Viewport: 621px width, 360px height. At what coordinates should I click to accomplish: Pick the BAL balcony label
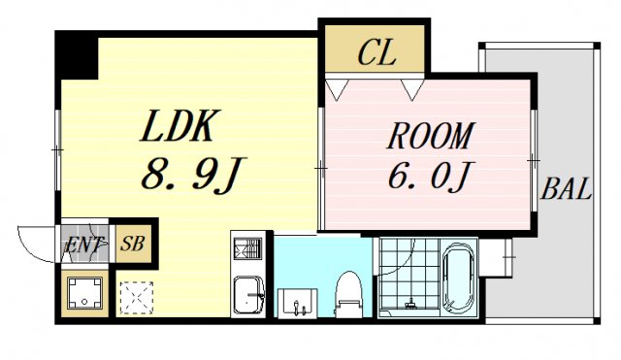click(567, 189)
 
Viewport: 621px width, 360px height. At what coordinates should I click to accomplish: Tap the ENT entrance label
click(85, 245)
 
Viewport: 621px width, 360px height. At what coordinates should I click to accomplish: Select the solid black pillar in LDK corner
click(76, 55)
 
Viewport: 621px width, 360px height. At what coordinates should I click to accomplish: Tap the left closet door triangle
click(338, 90)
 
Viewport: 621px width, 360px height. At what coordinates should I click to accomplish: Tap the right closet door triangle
click(411, 90)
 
